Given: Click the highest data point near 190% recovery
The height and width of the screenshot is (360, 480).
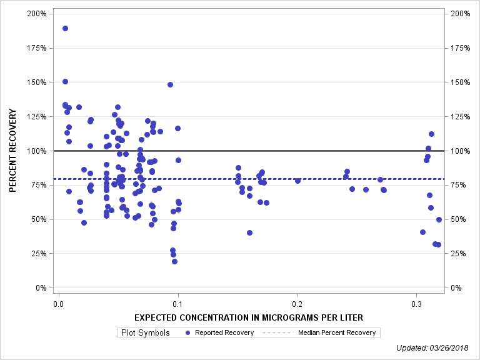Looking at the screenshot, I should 65,28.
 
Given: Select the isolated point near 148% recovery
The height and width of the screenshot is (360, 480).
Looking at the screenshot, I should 170,84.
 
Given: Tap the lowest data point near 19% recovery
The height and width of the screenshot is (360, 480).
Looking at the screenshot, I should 174,261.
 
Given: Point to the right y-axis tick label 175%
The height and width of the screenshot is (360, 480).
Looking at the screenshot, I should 461,48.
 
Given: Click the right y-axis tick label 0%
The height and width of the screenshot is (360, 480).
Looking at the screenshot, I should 456,288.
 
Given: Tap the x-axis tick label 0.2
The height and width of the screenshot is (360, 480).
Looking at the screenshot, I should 297,304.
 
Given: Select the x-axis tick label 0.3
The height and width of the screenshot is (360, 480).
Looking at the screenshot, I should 417,304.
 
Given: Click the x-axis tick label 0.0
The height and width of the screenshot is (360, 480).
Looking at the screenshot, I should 58,304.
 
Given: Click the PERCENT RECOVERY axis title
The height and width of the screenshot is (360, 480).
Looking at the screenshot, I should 13,150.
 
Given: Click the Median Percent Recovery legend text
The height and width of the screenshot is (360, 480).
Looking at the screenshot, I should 336,332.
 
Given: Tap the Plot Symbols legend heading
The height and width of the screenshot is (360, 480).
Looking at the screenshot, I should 144,332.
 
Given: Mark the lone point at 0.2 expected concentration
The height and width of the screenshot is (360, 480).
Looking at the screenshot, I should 297,181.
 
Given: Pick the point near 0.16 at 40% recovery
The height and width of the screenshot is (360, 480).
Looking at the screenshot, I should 249,232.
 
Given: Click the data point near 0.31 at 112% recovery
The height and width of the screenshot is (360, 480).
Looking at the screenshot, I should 431,134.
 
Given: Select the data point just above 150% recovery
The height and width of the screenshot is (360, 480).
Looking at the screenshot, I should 65,81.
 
